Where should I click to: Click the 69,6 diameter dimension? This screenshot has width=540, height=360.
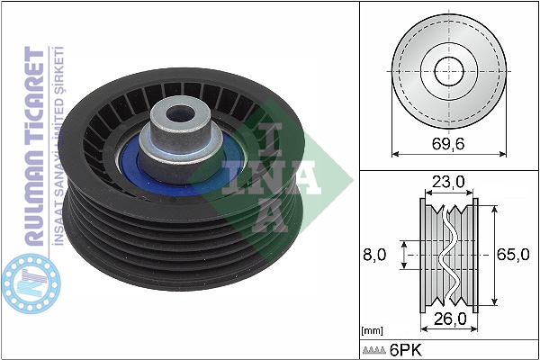448,144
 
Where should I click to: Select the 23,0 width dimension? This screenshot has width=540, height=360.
448,182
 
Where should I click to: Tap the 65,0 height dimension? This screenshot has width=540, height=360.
513,255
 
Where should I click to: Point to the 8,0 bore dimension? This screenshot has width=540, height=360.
374,255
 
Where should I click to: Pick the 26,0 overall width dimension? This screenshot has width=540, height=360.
450,319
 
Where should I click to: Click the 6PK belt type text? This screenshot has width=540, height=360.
405,350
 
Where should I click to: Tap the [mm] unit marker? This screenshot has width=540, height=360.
372,331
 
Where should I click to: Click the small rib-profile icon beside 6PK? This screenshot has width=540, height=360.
374,350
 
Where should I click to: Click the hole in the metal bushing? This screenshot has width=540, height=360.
179,113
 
